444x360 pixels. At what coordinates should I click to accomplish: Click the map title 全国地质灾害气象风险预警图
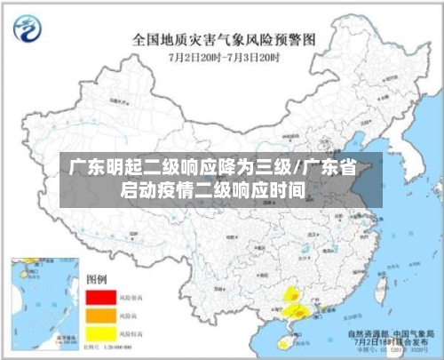224,39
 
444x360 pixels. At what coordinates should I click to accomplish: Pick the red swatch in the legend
101,296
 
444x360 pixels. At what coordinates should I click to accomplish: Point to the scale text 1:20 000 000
127,346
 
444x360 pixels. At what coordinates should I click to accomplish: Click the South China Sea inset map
36,303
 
